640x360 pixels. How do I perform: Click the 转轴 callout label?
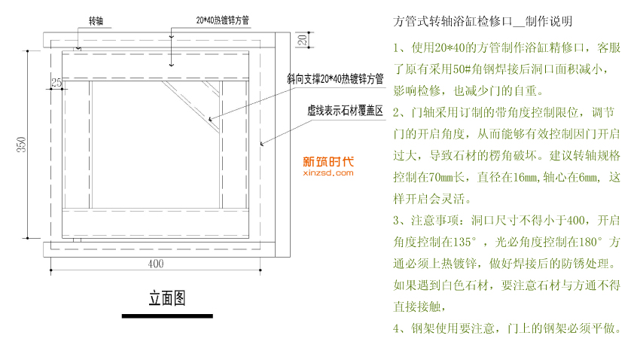pyautogui.click(x=97, y=20)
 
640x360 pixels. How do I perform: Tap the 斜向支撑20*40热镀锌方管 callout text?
pyautogui.click(x=335, y=78)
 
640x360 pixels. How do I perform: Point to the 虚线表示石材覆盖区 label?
pyautogui.click(x=346, y=111)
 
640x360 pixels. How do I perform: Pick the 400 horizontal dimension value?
pyautogui.click(x=156, y=264)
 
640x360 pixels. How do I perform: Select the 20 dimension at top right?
pyautogui.click(x=300, y=39)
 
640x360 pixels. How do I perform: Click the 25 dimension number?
pyautogui.click(x=56, y=81)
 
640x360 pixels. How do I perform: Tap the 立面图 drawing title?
pyautogui.click(x=166, y=298)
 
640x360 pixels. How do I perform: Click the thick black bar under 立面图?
pyautogui.click(x=166, y=316)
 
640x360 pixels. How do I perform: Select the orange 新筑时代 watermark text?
pyautogui.click(x=328, y=160)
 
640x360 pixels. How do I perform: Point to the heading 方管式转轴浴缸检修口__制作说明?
pyautogui.click(x=487, y=20)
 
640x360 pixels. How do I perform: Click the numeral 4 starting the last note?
pyautogui.click(x=397, y=329)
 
